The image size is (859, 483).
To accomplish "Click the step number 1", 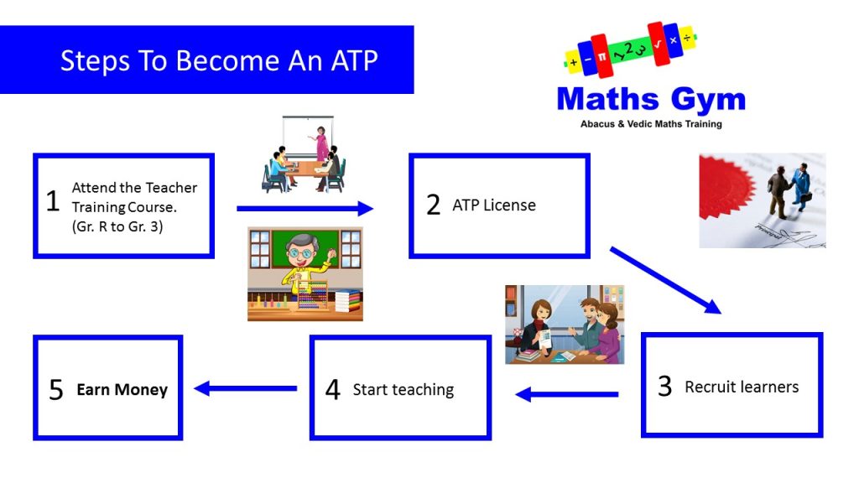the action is click(53, 201).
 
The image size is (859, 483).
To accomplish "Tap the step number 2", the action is click(434, 205).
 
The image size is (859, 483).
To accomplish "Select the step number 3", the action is click(665, 386).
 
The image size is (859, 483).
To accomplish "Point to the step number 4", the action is click(332, 389).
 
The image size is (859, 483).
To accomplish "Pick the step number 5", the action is click(56, 390).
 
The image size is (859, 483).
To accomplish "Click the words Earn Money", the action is click(122, 389).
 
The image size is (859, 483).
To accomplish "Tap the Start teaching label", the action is click(403, 389).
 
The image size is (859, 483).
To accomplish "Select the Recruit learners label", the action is click(742, 387).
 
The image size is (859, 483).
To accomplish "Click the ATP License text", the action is click(494, 205).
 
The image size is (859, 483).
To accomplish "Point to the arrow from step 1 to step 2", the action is click(305, 208).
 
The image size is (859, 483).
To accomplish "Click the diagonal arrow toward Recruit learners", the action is click(665, 280).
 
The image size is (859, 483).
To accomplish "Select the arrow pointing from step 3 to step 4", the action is click(567, 394).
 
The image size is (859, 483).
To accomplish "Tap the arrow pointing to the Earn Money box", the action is click(246, 388).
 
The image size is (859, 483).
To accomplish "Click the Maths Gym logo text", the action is click(651, 99).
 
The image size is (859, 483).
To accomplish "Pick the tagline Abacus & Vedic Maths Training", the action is click(651, 124).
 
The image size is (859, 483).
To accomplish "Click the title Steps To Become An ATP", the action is click(219, 60).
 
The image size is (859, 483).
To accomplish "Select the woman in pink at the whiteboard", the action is click(320, 143).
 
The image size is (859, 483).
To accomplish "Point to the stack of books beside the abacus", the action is click(348, 301).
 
